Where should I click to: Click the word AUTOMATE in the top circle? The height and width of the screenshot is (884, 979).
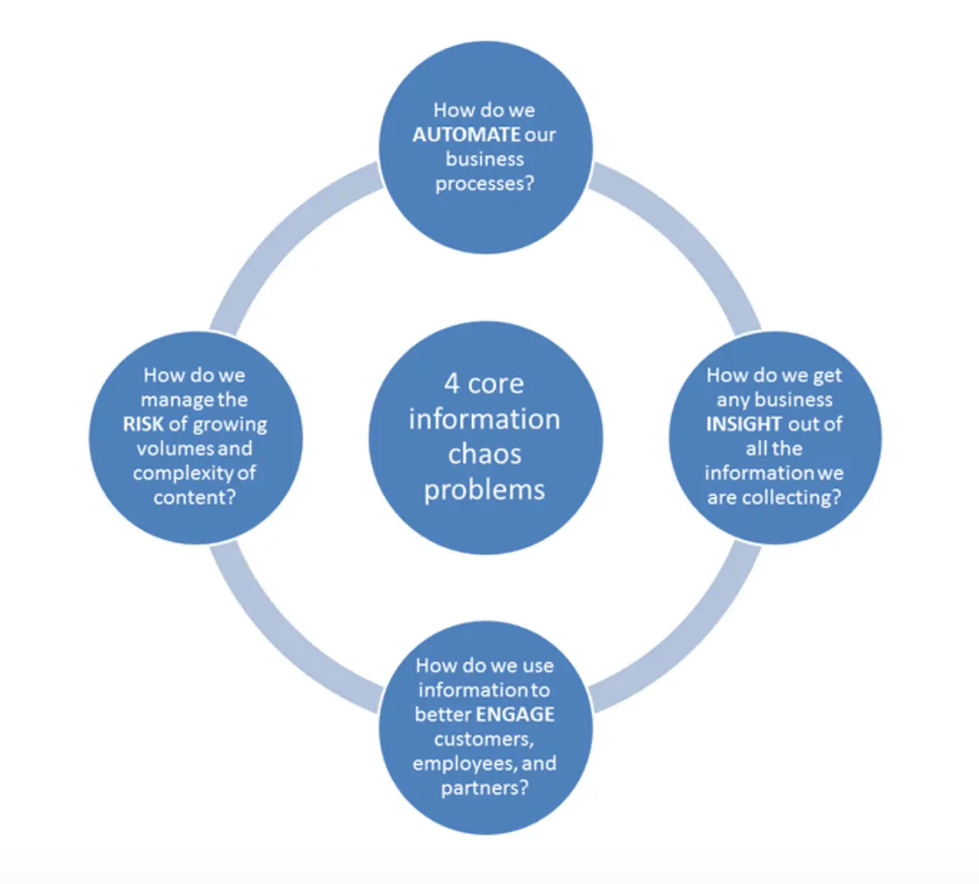click(x=466, y=134)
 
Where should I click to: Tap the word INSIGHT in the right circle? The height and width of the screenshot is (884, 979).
click(x=744, y=424)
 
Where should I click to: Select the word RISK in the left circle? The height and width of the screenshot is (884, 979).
click(x=143, y=424)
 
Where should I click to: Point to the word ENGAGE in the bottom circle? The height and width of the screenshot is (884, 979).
click(x=515, y=714)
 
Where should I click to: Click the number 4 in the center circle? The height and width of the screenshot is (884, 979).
click(x=451, y=383)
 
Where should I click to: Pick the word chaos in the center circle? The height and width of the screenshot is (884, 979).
click(x=485, y=454)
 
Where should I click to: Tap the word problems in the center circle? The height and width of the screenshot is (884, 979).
click(x=485, y=490)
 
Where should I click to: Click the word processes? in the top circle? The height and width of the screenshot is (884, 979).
click(x=485, y=184)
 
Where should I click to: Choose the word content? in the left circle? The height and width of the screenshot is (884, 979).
click(x=195, y=498)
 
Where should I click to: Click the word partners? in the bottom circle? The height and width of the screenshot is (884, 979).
click(x=485, y=788)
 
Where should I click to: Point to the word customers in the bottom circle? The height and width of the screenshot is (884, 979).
click(x=482, y=739)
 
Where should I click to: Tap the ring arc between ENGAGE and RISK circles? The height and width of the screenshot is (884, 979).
click(x=279, y=644)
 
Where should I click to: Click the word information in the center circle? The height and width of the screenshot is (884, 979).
click(x=485, y=419)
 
